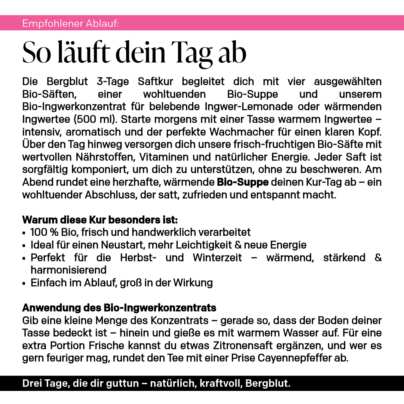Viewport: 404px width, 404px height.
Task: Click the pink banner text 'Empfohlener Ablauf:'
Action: pos(71,24)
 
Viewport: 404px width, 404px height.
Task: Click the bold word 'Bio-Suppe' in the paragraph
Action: pos(243,183)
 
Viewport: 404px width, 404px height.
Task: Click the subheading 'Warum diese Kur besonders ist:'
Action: pos(100,219)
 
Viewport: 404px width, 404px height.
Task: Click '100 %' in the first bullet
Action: pos(44,232)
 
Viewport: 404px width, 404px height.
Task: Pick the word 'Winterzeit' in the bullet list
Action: pos(217,258)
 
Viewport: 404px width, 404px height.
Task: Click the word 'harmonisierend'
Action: pos(68,270)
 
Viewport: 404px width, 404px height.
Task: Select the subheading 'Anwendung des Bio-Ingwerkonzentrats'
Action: pos(119,308)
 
